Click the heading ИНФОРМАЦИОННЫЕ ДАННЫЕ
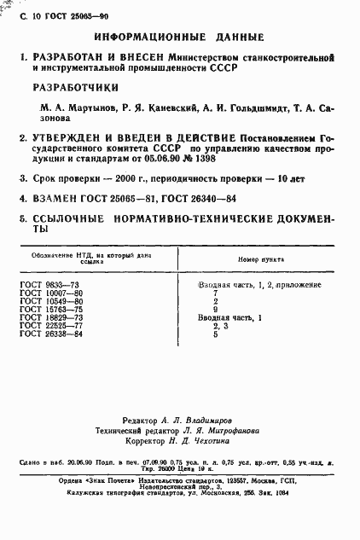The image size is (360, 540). pos(180,38)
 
